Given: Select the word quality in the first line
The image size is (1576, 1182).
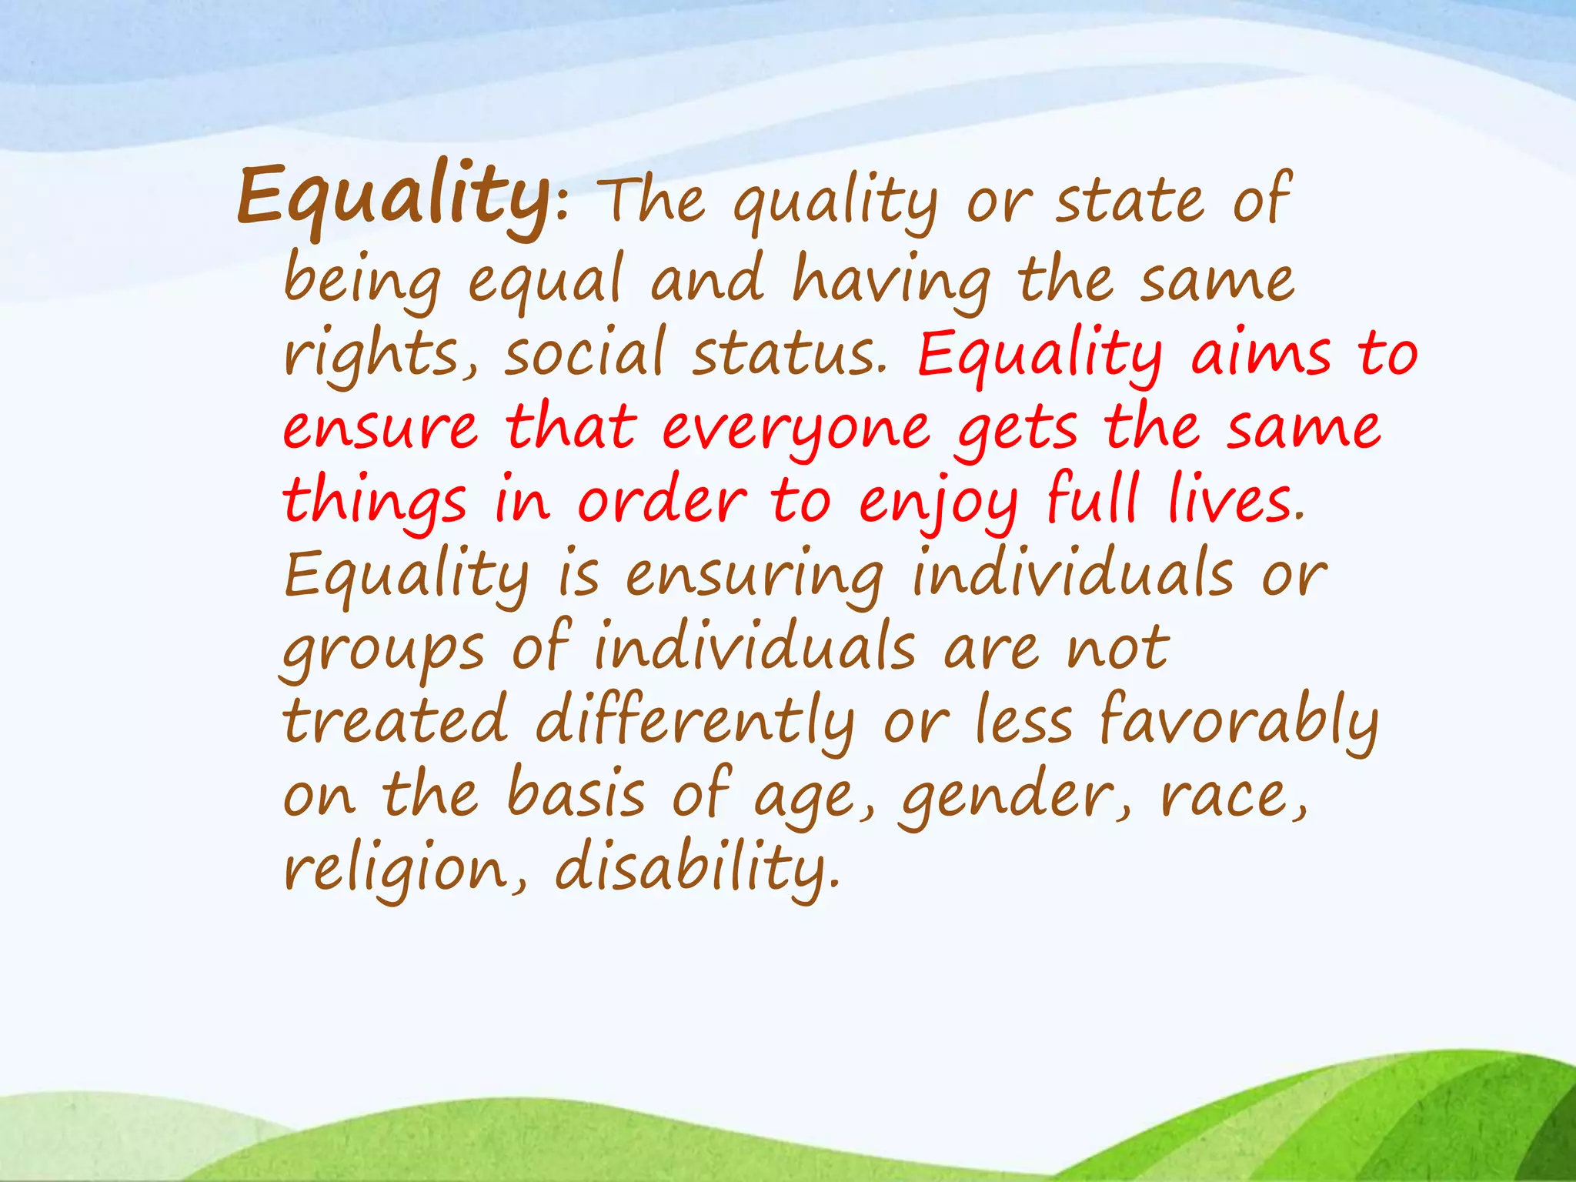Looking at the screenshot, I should [836, 203].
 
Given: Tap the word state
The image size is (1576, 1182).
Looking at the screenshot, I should [1130, 202].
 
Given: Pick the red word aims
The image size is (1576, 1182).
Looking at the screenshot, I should [1260, 354].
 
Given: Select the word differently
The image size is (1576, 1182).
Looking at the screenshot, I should [694, 723].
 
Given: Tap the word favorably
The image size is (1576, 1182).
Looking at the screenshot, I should [1239, 723].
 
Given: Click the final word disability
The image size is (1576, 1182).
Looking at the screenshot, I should [696, 870].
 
